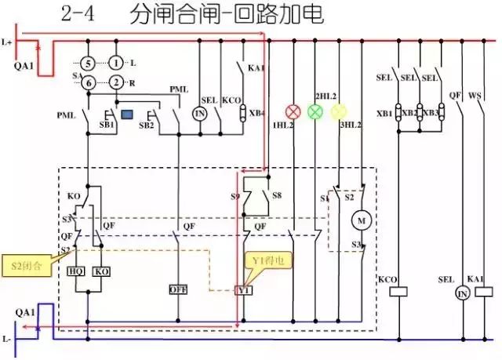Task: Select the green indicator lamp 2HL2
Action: point(316,111)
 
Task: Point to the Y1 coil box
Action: point(244,290)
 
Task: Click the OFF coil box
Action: point(178,289)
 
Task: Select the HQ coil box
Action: point(76,271)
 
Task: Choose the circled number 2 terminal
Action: point(116,82)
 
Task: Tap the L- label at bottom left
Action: point(8,340)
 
